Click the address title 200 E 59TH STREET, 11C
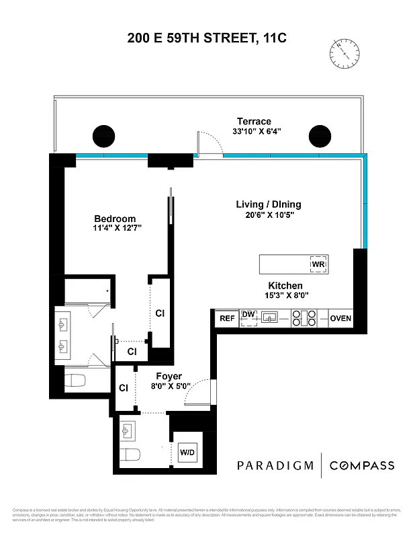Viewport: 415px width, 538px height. coord(207,38)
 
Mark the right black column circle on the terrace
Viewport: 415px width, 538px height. coord(320,135)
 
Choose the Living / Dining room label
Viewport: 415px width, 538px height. coord(268,204)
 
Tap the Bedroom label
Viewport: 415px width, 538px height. coord(115,219)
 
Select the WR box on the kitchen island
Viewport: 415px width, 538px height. coord(318,264)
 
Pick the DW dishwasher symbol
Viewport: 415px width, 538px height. coord(248,317)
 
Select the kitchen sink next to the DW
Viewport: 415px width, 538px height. coord(271,317)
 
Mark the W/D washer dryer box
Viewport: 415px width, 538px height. coord(187,451)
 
